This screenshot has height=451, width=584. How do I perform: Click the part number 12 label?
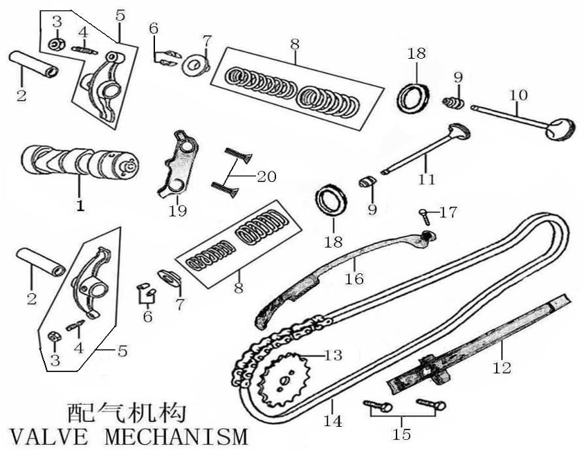coord(503,368)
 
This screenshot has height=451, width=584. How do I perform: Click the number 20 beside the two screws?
coord(266,176)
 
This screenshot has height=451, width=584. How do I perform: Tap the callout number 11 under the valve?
coord(427,179)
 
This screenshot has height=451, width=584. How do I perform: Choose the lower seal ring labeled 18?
coord(332,200)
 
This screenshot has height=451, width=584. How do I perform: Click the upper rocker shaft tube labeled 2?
coord(33,64)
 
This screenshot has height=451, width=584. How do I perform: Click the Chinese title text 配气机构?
coord(127,414)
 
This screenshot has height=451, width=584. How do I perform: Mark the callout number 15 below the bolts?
coord(401,434)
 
